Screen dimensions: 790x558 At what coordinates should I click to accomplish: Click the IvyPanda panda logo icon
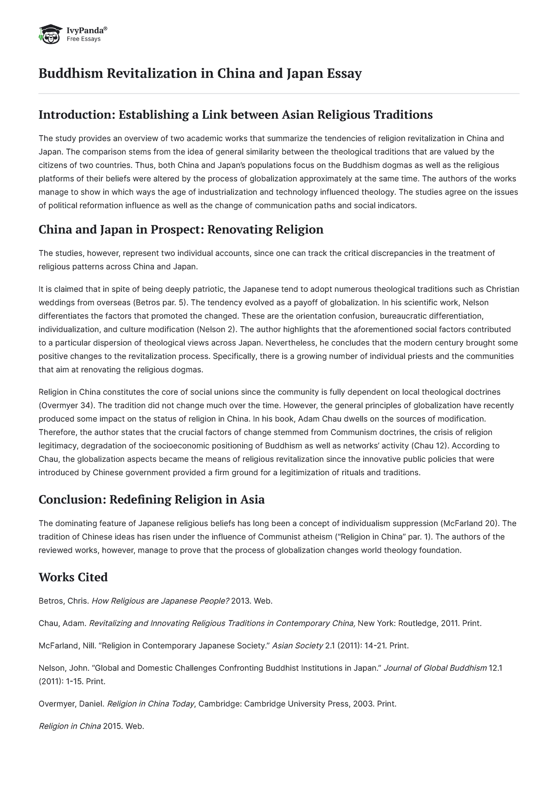[50, 34]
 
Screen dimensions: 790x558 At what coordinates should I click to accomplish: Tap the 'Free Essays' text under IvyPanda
[84, 39]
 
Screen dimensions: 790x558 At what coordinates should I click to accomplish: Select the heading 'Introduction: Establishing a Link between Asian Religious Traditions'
[235, 115]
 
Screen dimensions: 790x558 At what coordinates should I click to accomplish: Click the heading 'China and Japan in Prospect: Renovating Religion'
[180, 230]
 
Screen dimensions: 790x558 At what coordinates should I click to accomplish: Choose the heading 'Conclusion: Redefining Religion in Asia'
[151, 500]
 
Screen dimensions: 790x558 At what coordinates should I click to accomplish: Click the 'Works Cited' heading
[73, 577]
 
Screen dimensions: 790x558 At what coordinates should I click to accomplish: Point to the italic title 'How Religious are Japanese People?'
[160, 601]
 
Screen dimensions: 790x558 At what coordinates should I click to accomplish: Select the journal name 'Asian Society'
[297, 646]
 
